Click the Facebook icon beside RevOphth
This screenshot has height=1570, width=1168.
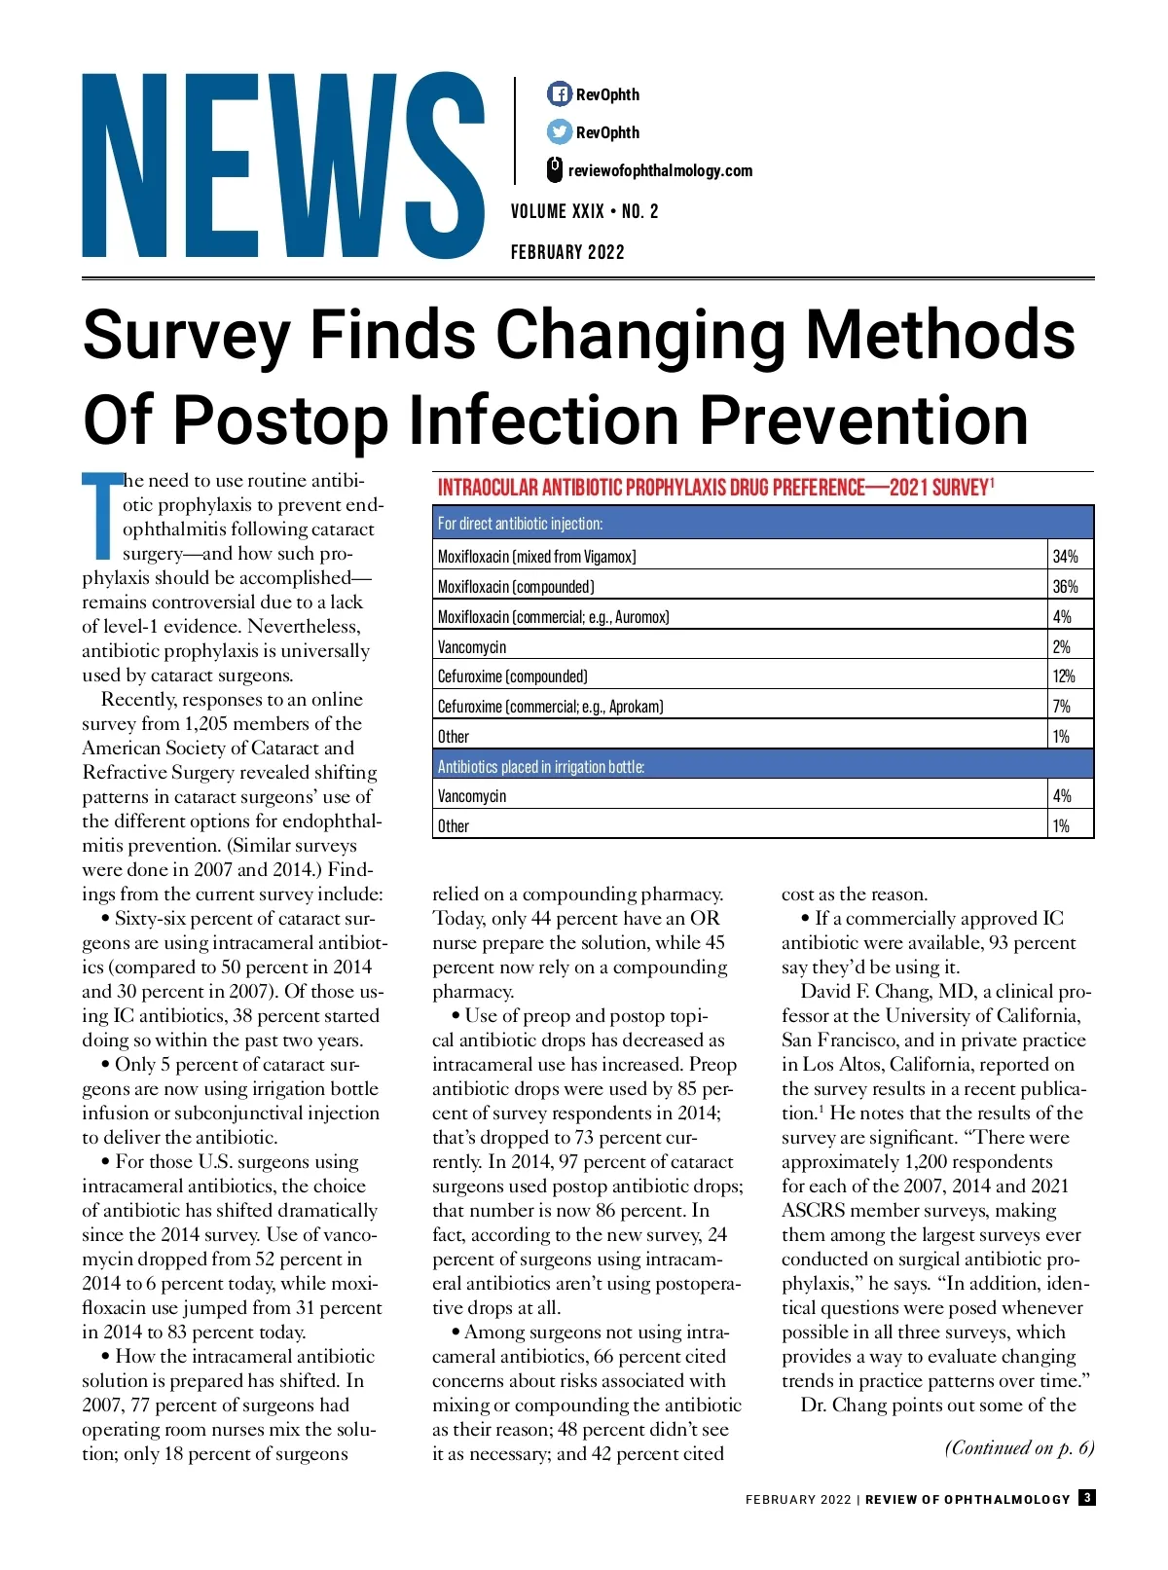559,94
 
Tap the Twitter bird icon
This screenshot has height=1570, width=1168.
559,131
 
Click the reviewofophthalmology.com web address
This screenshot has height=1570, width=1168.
660,171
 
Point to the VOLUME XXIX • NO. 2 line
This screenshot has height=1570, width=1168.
584,211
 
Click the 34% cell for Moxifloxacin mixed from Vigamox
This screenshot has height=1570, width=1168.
1065,557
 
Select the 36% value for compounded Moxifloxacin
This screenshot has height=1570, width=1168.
1065,587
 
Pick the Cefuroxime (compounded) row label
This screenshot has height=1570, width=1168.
513,676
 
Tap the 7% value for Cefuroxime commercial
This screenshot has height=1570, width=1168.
1061,707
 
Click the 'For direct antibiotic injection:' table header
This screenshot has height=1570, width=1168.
520,524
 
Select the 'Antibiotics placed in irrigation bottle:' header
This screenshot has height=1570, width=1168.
540,767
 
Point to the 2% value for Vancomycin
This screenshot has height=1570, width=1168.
1061,647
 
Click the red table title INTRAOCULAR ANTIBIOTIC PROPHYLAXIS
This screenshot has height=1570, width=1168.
715,488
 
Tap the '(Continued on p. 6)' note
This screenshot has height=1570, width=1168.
1019,1448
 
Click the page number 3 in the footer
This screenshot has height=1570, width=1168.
1086,1498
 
